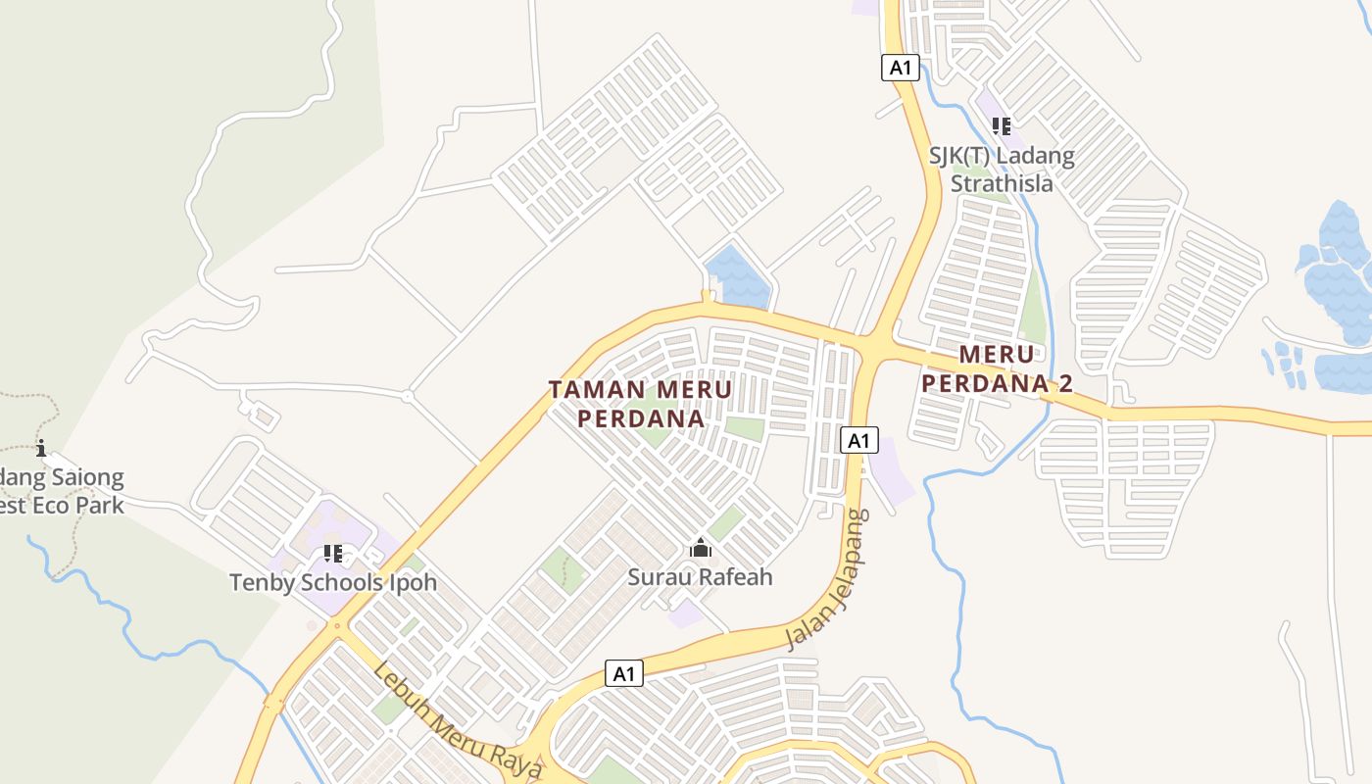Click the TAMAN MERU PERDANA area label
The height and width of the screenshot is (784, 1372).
[x=640, y=404]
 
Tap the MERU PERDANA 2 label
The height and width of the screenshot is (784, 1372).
[x=998, y=368]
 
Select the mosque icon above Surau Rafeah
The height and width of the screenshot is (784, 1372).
[x=700, y=548]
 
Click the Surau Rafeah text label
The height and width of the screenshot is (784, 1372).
[x=700, y=576]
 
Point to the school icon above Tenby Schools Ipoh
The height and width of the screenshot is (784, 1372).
[x=333, y=554]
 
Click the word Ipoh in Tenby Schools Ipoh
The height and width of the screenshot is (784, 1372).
[x=411, y=582]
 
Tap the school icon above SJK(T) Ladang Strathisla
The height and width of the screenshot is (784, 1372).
[x=1001, y=126]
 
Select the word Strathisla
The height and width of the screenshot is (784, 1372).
[x=1002, y=183]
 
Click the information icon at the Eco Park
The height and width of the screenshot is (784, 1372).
[x=41, y=449]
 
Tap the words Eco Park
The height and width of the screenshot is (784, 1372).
[x=79, y=506]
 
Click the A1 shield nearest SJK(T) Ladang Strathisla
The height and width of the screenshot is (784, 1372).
[x=900, y=68]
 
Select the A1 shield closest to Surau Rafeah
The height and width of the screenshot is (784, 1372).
[x=624, y=673]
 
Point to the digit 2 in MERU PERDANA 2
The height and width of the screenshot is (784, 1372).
[x=1064, y=383]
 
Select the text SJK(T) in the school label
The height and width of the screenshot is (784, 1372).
[x=963, y=155]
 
